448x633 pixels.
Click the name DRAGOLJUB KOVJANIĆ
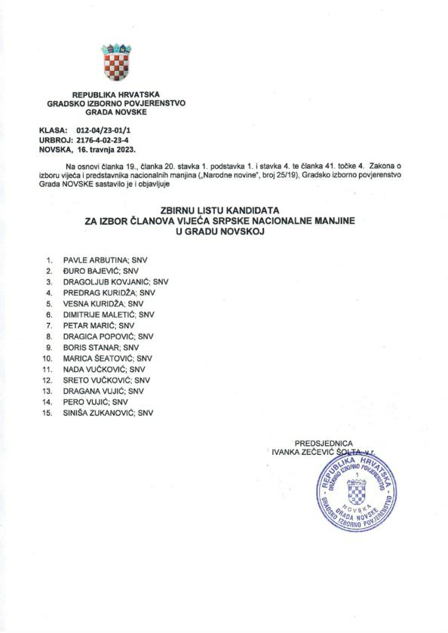click(x=106, y=281)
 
